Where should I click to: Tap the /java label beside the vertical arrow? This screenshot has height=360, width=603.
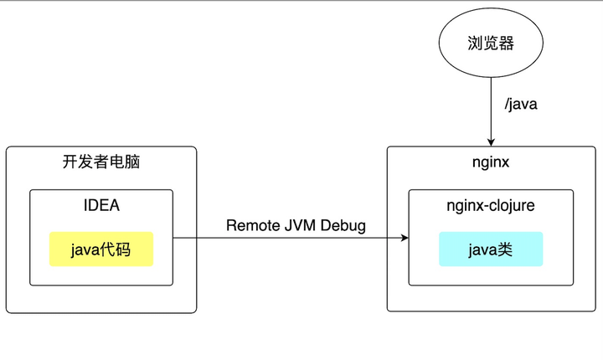coord(521,105)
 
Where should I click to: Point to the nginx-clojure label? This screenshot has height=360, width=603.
coord(491,205)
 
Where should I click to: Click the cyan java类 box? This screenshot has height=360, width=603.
coord(491,249)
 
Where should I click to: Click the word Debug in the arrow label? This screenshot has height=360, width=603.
coord(344,226)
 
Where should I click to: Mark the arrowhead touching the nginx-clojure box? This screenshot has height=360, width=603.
coord(404,239)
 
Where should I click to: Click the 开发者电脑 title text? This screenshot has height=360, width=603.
coord(100,162)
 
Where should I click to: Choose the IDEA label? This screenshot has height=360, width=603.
coord(100,205)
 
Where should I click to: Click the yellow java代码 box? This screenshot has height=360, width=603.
coord(100,249)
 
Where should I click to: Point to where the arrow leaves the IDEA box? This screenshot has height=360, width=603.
coord(173,239)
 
